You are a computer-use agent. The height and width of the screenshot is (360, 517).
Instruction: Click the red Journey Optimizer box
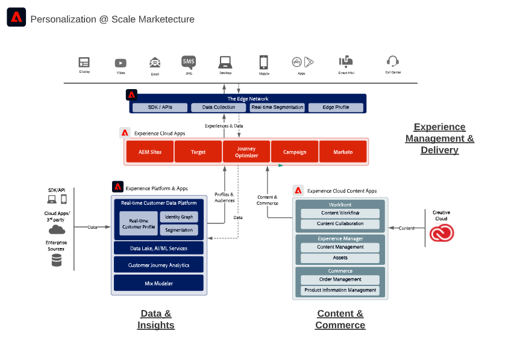click(x=246, y=152)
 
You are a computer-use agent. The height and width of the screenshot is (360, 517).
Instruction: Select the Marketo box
click(x=343, y=152)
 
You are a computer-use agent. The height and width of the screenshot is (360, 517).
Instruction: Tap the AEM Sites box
click(x=150, y=152)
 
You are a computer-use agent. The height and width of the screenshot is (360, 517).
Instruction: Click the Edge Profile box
click(x=336, y=108)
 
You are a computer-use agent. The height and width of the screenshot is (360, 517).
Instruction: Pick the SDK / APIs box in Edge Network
click(x=160, y=108)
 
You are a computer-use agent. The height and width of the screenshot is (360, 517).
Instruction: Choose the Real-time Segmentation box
click(x=277, y=108)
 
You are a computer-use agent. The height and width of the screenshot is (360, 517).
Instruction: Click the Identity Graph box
click(x=178, y=217)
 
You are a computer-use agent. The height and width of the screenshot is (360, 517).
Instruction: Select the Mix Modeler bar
click(x=158, y=282)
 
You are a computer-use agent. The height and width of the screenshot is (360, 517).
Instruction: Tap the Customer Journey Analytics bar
click(x=158, y=265)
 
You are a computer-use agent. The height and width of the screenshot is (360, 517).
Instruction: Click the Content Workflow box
click(x=340, y=213)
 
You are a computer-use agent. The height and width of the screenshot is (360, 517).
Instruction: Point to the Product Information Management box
click(x=340, y=290)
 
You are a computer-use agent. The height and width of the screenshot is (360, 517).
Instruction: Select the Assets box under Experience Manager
click(x=340, y=258)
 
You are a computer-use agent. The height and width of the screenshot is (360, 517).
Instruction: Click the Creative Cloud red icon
click(x=442, y=232)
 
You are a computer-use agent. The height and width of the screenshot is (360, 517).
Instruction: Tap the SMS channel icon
click(x=189, y=62)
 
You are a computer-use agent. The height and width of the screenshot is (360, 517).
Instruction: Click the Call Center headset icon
click(x=393, y=61)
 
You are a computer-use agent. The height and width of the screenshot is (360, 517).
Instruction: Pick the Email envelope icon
click(x=155, y=63)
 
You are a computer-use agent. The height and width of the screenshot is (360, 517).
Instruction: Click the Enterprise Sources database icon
click(x=57, y=260)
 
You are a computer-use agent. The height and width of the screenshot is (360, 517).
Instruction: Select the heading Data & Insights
click(x=156, y=319)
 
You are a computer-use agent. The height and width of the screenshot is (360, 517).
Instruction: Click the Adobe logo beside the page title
click(x=16, y=18)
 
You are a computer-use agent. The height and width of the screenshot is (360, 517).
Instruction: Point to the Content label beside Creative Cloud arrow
click(x=407, y=228)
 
